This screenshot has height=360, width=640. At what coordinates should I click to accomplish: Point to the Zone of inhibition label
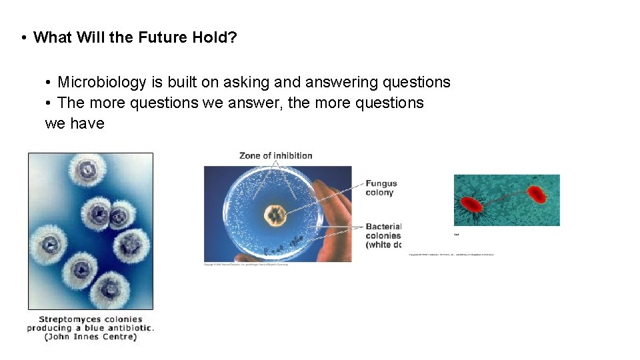point(276,156)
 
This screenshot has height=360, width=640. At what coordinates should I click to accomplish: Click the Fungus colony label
point(381,188)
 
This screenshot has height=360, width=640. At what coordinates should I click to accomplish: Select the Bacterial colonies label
point(383,235)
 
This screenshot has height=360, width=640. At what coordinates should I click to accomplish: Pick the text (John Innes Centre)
point(91,337)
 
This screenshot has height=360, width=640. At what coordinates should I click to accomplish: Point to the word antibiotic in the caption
point(131,328)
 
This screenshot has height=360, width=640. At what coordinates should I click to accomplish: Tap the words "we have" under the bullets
point(75,124)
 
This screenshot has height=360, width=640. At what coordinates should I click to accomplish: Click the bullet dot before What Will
point(23,37)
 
